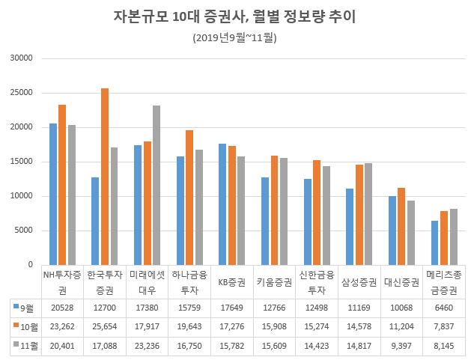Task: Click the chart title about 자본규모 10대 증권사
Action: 234,16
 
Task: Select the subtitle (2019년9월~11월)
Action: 234,37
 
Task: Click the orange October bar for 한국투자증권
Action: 105,177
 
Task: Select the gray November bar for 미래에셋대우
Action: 156,185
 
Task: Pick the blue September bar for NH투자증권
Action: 53,194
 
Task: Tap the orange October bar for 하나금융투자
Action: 189,197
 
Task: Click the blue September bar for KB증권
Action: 222,204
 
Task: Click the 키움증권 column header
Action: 274,282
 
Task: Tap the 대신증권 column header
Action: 401,282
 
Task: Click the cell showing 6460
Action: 444,306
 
